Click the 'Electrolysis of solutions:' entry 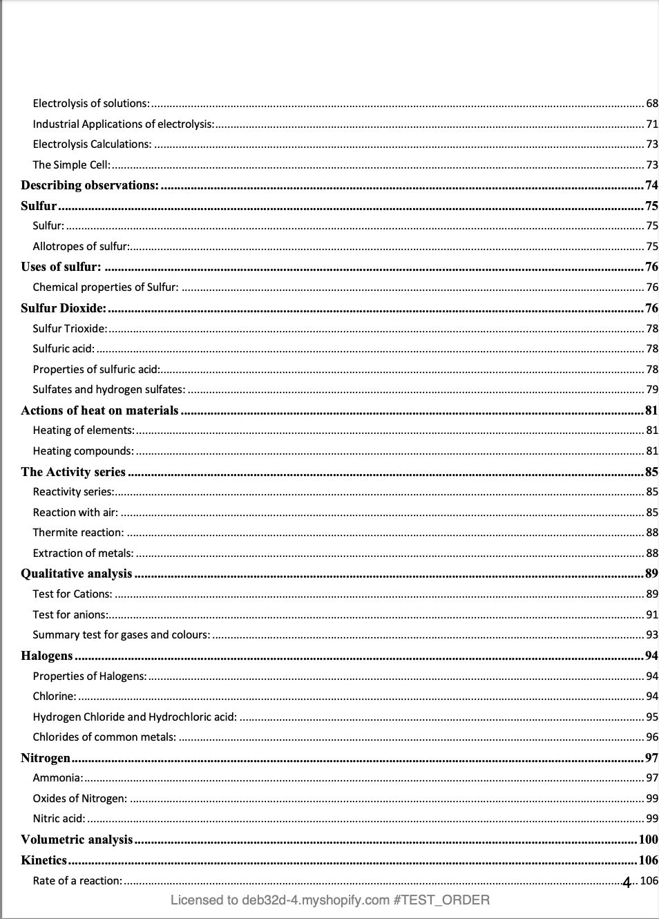[x=91, y=104]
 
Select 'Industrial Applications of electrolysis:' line [x=124, y=124]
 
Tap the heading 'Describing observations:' [x=90, y=185]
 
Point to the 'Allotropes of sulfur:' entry [x=81, y=247]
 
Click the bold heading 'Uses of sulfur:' [x=61, y=267]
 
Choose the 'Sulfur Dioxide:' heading [x=64, y=308]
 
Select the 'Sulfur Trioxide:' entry [x=70, y=329]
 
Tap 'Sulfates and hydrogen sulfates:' [x=109, y=390]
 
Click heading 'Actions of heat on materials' [x=99, y=410]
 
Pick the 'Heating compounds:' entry [x=84, y=451]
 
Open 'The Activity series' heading [x=73, y=472]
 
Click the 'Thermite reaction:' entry [x=79, y=533]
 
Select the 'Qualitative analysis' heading [x=76, y=574]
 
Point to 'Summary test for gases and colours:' [x=122, y=635]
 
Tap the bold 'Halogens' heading [x=46, y=656]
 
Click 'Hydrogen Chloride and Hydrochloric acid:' [x=135, y=717]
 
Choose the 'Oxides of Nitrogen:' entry [x=80, y=799]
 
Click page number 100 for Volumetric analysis [x=648, y=840]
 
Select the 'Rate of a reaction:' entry [x=77, y=881]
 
